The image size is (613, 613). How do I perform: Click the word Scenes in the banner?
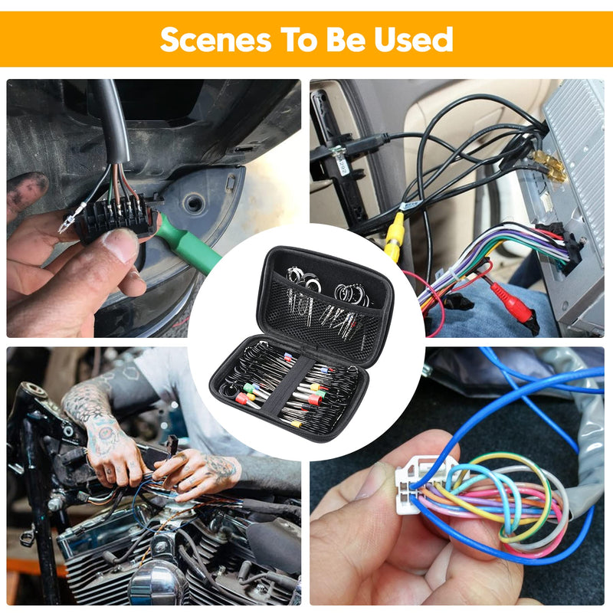click(216, 40)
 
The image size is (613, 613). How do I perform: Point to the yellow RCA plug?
click(394, 237)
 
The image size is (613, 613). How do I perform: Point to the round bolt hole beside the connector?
click(193, 202)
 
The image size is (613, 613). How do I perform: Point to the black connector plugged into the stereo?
click(560, 247)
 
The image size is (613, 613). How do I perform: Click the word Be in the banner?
click(344, 40)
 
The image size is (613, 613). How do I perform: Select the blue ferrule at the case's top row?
click(288, 356)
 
